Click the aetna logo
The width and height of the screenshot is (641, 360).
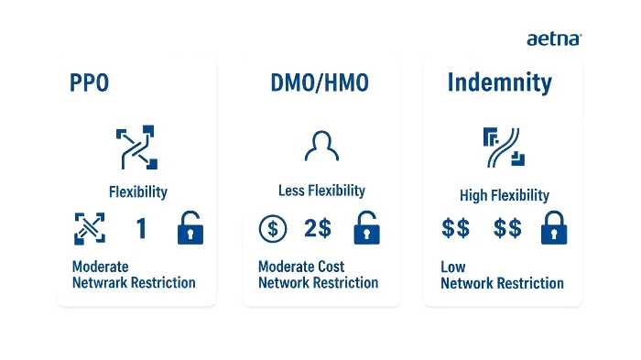pos(554,39)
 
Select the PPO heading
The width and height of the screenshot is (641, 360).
pos(89,83)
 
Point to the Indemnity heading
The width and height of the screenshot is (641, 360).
pos(499,83)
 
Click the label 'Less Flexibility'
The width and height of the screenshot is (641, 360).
pos(321,191)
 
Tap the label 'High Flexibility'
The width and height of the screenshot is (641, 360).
pos(505,195)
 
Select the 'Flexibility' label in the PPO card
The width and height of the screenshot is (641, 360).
pos(138,192)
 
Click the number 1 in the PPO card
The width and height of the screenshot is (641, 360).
pos(141,229)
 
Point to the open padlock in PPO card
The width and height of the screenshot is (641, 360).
pos(190,228)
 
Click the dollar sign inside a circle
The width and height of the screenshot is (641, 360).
pos(272,228)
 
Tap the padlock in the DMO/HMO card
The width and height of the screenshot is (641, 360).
pos(366,228)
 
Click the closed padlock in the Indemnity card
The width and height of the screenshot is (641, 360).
pos(553,228)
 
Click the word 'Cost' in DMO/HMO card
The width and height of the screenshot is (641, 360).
pos(327,267)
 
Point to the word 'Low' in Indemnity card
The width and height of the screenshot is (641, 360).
pos(452,267)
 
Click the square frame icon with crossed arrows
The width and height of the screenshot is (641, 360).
pos(89,228)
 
